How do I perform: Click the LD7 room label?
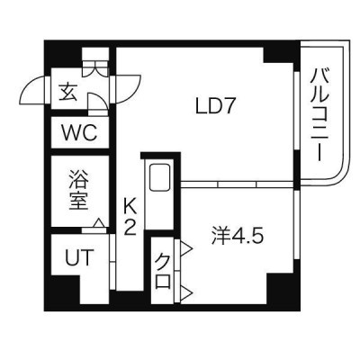coord(214,106)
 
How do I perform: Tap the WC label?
coord(79,132)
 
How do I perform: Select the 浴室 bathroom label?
coord(78,190)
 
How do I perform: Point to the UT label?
coord(78,257)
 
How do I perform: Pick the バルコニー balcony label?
coord(319,115)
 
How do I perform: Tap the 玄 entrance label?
coord(67,92)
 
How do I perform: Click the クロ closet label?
coord(163,271)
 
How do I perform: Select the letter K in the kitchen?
coord(130,206)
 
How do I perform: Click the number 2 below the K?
coord(130,229)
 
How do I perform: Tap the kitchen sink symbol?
coord(160,177)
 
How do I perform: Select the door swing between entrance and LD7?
coord(128,88)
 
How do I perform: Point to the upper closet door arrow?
coord(185,248)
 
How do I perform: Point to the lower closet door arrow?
coord(185,292)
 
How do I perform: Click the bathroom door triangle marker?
coord(98,223)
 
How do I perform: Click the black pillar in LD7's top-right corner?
coord(279,55)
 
